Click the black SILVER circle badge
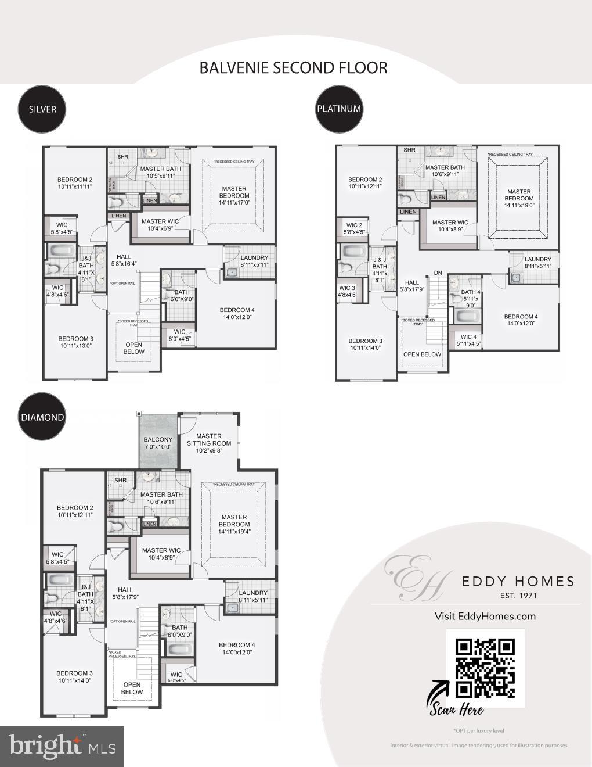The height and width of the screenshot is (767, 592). pyautogui.click(x=42, y=109)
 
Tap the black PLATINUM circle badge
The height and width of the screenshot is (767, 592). pyautogui.click(x=339, y=109)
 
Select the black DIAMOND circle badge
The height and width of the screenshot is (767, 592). pyautogui.click(x=42, y=417)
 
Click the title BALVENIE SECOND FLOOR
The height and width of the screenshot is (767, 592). pyautogui.click(x=293, y=67)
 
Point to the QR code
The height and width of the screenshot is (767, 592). pyautogui.click(x=485, y=668)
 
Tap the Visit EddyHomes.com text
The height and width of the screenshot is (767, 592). pyautogui.click(x=485, y=616)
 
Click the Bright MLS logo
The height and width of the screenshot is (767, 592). pyautogui.click(x=62, y=746)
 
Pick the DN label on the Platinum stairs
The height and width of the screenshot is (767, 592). pyautogui.click(x=438, y=273)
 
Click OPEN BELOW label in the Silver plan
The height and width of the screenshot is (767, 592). pyautogui.click(x=134, y=348)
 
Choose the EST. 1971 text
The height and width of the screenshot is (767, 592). pyautogui.click(x=518, y=595)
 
